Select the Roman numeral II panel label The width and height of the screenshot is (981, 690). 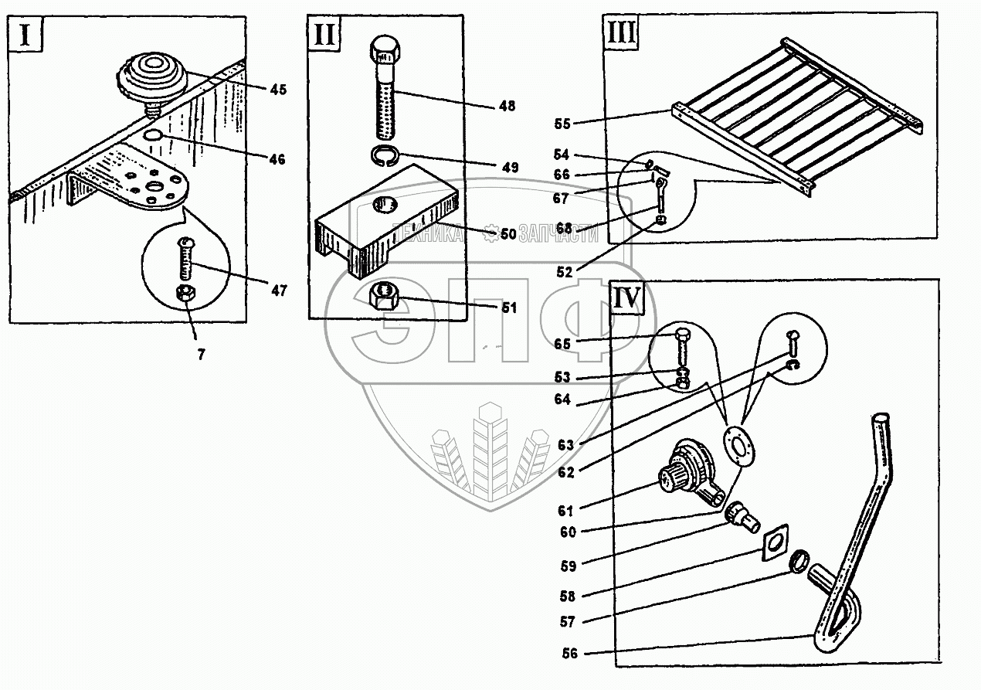coord(325,36)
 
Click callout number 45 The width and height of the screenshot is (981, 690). coord(277,89)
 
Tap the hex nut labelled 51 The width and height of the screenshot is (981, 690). coord(384,295)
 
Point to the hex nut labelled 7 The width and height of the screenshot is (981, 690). coord(187,294)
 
